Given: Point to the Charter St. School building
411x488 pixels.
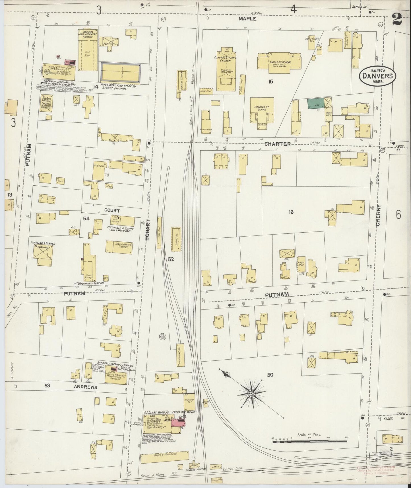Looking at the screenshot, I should (262, 111).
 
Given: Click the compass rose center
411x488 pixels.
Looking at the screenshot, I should (252, 393).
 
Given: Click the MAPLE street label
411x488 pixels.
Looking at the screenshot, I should (247, 19).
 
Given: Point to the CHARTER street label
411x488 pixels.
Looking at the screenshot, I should (277, 144).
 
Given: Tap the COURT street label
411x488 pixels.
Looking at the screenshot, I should (112, 211).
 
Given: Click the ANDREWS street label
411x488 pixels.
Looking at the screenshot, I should (85, 387).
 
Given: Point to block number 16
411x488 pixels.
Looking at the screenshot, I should (291, 212).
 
